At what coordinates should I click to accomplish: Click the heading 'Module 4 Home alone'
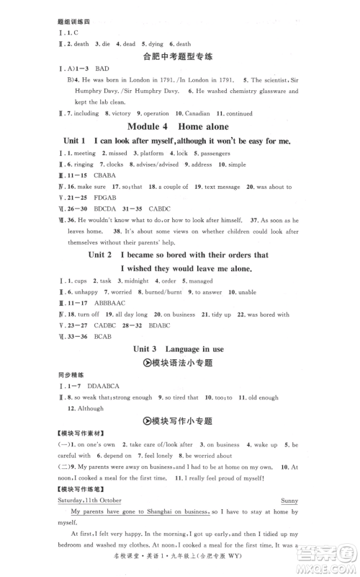179,128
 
